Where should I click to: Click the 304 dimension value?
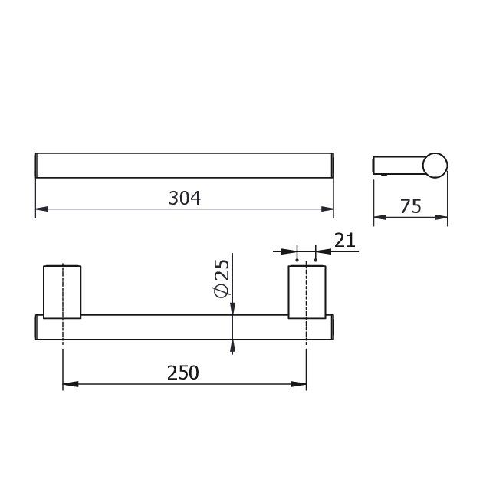(x=185, y=198)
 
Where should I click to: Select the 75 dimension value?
(x=411, y=206)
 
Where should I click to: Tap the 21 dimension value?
(x=345, y=240)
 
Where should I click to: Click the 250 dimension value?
(x=183, y=373)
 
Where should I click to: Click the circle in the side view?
(x=435, y=165)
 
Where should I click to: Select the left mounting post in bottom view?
(x=62, y=291)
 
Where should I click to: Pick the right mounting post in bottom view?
(x=307, y=291)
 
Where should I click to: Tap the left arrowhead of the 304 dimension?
(x=42, y=209)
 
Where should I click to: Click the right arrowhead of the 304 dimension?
(x=327, y=209)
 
